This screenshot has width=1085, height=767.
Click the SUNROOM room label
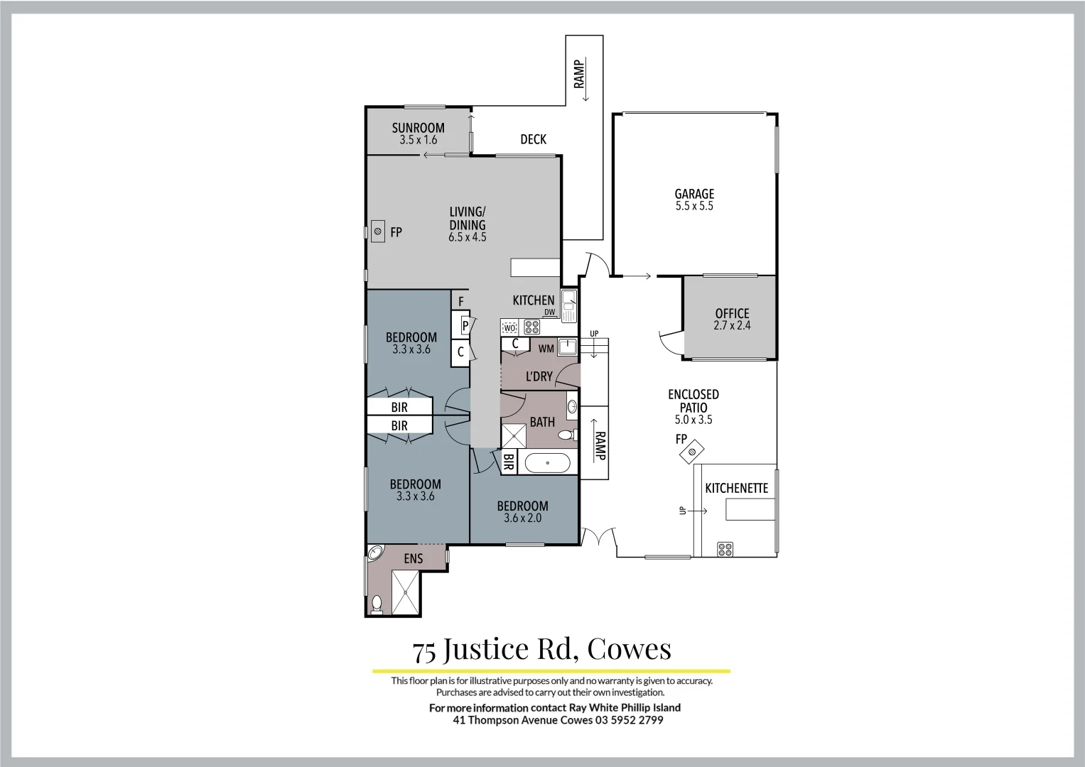(418, 128)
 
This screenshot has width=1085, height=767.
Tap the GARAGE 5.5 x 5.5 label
(694, 200)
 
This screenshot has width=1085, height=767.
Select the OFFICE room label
(732, 313)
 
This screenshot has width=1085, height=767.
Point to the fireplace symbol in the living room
(378, 231)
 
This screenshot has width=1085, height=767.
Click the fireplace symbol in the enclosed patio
(693, 452)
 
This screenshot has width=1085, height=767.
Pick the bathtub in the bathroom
(547, 464)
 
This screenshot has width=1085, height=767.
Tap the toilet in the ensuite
(377, 604)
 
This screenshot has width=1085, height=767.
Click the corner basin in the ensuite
(374, 553)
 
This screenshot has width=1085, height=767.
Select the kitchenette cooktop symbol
(725, 548)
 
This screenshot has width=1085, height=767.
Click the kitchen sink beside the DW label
(568, 305)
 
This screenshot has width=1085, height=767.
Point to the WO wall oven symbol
(509, 327)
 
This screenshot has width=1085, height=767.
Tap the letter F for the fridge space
(460, 302)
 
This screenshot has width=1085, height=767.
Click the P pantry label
(465, 326)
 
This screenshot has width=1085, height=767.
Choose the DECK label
(533, 139)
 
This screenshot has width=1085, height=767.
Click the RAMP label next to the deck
(580, 75)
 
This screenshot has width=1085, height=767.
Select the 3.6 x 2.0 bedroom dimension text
(522, 518)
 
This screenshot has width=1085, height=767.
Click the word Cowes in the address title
(629, 648)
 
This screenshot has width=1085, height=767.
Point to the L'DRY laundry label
(539, 376)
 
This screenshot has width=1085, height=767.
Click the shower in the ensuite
(406, 592)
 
